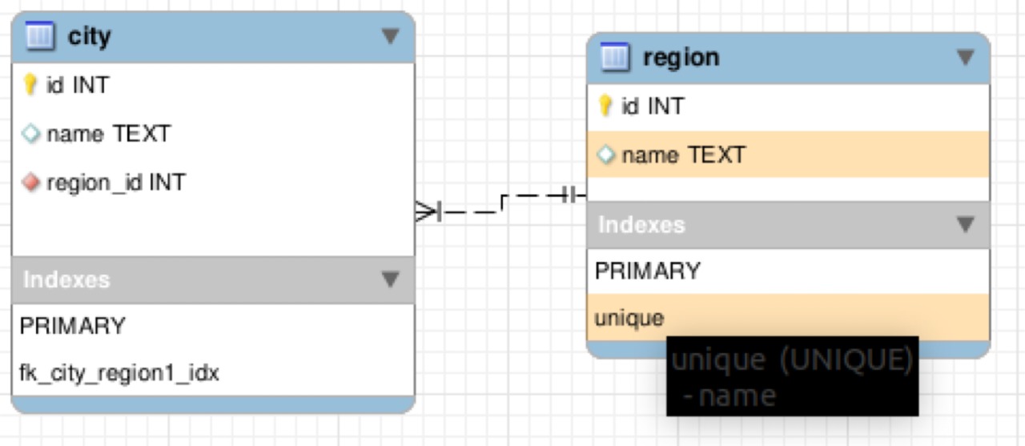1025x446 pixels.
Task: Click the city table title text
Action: (x=89, y=37)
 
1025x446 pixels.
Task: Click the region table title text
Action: (x=681, y=58)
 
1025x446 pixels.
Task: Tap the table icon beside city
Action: (x=40, y=35)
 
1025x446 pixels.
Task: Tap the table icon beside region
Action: (x=615, y=57)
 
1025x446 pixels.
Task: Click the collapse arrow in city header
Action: (x=390, y=36)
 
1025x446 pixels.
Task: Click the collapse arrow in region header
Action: (x=966, y=58)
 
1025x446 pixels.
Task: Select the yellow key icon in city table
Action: (x=30, y=85)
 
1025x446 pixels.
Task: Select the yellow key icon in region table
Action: (x=605, y=106)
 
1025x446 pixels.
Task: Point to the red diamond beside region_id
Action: (x=31, y=182)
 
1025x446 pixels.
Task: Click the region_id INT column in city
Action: (x=116, y=183)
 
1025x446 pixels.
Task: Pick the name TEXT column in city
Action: (x=109, y=134)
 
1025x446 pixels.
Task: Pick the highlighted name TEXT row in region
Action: (x=788, y=155)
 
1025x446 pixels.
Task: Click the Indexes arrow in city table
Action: (x=390, y=279)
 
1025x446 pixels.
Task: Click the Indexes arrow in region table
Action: (x=966, y=224)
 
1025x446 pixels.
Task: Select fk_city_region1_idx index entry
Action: (x=119, y=373)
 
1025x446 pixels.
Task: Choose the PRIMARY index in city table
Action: (x=72, y=326)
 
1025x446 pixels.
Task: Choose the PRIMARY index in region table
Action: (x=648, y=271)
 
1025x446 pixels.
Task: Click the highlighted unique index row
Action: (x=788, y=317)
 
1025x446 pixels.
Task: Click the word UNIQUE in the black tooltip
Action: (x=846, y=360)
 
